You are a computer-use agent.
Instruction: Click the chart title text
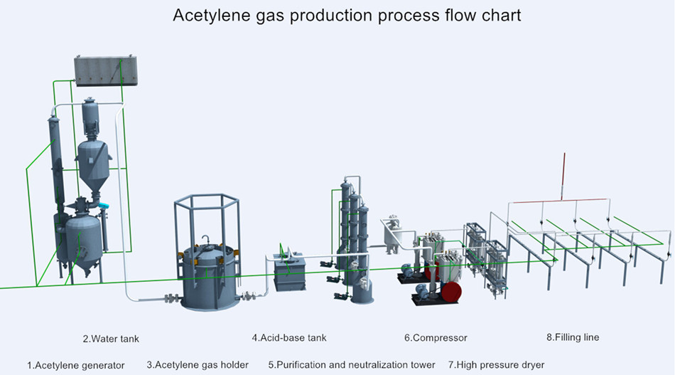pos(347,15)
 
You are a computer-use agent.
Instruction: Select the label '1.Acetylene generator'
pos(76,365)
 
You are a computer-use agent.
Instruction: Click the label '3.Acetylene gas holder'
pos(198,364)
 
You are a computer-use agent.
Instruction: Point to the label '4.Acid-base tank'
pos(288,337)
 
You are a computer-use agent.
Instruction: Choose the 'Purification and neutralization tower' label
pos(352,364)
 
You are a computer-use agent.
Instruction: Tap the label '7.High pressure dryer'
pos(496,364)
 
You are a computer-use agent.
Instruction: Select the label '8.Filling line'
pos(572,337)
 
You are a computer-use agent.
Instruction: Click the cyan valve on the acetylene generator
pos(104,205)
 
